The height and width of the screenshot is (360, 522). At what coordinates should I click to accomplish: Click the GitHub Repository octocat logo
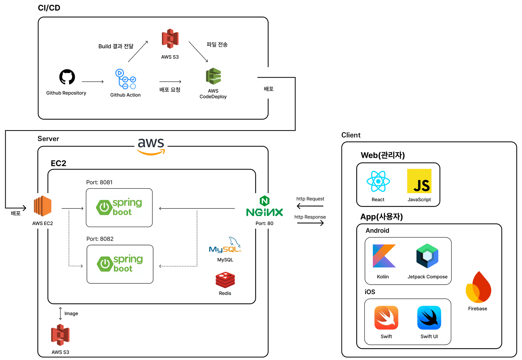(67, 77)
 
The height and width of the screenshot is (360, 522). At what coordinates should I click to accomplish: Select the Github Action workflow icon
(125, 79)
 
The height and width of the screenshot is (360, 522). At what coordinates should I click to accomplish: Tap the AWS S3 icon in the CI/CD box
(170, 39)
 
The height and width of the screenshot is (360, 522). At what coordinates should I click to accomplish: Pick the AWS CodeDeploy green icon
(213, 76)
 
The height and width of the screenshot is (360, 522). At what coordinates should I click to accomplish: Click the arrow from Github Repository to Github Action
(93, 82)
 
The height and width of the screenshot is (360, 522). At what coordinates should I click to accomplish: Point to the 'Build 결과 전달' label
(116, 46)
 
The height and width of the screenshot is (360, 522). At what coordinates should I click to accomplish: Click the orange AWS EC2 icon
(43, 206)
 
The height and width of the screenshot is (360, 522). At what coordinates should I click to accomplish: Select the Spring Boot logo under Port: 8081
(119, 207)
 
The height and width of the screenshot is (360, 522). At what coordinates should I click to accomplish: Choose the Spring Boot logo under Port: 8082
(120, 264)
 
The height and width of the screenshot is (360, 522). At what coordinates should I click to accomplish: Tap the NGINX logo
(265, 207)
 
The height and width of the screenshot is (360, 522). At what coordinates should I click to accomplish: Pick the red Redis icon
(225, 280)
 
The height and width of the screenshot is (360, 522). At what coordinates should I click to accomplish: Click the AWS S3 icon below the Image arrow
(60, 335)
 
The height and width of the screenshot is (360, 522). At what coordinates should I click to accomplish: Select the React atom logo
(378, 181)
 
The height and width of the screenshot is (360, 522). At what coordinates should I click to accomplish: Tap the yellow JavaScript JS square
(419, 181)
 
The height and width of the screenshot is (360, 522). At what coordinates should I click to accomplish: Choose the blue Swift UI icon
(429, 318)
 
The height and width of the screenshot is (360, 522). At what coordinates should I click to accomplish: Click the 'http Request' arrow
(310, 206)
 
